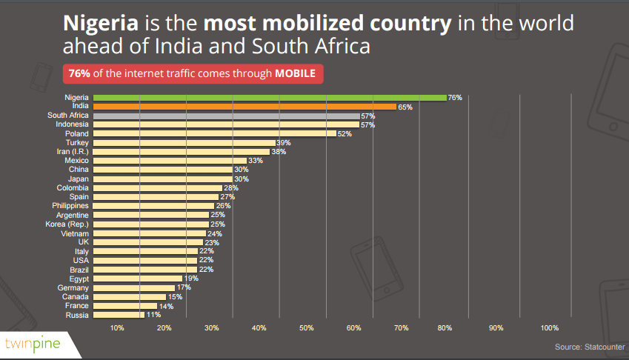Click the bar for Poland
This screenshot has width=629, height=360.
click(x=214, y=133)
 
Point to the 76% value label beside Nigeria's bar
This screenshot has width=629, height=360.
click(x=455, y=98)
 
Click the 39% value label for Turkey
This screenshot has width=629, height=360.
click(x=283, y=142)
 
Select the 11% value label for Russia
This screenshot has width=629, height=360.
click(x=153, y=315)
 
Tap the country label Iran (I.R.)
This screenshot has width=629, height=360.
click(x=73, y=151)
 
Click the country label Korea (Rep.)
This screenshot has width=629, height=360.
click(x=68, y=224)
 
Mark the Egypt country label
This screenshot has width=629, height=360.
click(x=78, y=279)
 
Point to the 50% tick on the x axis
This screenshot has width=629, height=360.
click(x=307, y=327)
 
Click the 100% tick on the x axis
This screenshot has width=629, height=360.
click(x=550, y=327)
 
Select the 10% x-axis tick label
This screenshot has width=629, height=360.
click(x=117, y=327)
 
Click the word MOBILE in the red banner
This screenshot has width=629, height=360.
click(x=295, y=73)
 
